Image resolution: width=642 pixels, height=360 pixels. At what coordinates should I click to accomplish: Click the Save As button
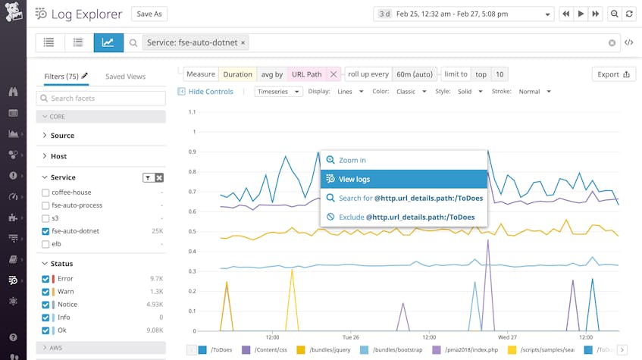tap(149, 14)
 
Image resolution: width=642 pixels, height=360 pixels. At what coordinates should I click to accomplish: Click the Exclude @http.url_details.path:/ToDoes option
tap(403, 217)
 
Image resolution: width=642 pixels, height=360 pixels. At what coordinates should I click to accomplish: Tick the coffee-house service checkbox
tap(46, 193)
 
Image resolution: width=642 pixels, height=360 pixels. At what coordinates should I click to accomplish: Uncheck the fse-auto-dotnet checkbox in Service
tap(46, 231)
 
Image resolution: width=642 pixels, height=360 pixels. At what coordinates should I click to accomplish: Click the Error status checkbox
tap(46, 279)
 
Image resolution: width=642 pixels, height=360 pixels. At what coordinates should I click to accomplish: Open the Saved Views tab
tap(125, 77)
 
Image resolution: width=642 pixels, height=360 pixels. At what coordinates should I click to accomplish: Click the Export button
tap(613, 74)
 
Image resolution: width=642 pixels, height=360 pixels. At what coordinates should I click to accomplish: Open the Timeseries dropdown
tap(278, 92)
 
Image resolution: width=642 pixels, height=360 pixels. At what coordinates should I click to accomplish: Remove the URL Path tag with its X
tap(334, 74)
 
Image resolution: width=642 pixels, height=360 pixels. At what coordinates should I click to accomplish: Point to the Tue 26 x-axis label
tap(350, 337)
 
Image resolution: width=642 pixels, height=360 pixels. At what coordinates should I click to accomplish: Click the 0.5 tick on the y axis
tap(192, 231)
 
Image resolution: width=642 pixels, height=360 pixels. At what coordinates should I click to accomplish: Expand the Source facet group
tap(62, 136)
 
